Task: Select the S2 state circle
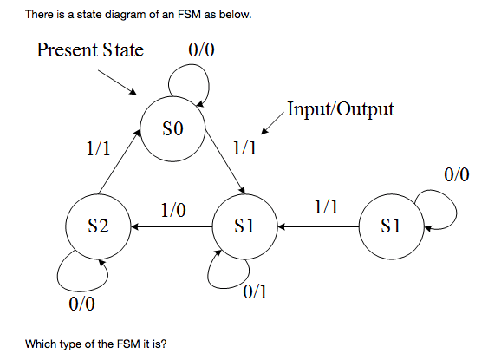pyautogui.click(x=99, y=227)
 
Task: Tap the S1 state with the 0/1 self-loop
pyautogui.click(x=244, y=227)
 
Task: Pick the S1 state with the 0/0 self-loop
pyautogui.click(x=391, y=227)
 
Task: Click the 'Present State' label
pyautogui.click(x=90, y=49)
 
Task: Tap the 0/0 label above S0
pyautogui.click(x=201, y=49)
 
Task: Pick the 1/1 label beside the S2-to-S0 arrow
pyautogui.click(x=98, y=148)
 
